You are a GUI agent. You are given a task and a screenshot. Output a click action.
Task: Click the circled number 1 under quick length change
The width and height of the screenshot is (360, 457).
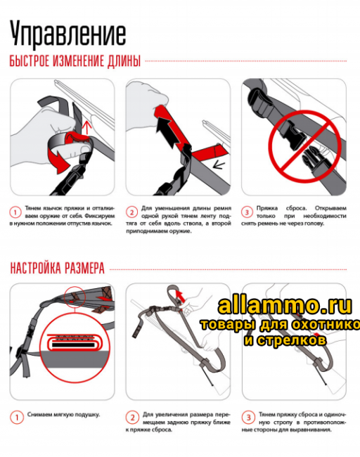15,210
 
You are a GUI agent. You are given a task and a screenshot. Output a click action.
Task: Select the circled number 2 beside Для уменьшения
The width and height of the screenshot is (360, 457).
131,210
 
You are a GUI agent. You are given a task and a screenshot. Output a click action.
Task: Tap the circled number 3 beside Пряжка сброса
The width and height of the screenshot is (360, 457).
247,210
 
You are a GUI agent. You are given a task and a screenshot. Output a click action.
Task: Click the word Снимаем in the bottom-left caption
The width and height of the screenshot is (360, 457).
39,414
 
